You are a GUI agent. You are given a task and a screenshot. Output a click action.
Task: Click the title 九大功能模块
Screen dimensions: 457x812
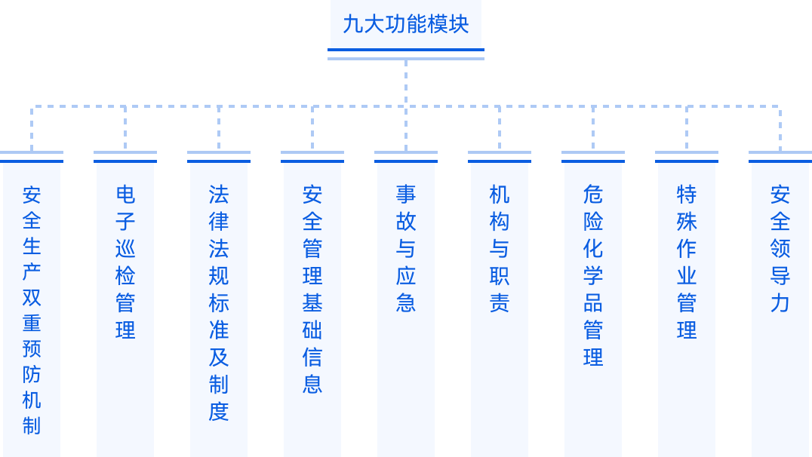click(x=405, y=24)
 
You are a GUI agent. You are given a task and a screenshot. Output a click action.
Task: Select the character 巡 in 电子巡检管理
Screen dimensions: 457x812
click(x=125, y=249)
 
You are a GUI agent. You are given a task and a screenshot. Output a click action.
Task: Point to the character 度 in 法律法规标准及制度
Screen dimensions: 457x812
click(x=219, y=412)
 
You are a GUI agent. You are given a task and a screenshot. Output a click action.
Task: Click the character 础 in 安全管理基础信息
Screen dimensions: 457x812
click(x=312, y=330)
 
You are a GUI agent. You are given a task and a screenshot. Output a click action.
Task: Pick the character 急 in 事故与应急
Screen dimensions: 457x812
click(x=406, y=303)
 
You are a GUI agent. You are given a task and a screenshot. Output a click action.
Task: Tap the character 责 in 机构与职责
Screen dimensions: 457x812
click(x=500, y=303)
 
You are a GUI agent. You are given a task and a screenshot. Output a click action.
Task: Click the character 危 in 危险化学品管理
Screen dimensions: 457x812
click(x=593, y=195)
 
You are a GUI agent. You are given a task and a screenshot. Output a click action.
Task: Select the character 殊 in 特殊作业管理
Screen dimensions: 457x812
click(x=687, y=222)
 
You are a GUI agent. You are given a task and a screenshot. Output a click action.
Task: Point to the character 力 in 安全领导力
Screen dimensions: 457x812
click(x=780, y=303)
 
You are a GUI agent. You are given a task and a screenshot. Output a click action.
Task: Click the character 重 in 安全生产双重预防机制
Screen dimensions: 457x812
click(x=32, y=323)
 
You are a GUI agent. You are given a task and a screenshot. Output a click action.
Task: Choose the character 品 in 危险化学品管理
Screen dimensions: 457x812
click(x=593, y=303)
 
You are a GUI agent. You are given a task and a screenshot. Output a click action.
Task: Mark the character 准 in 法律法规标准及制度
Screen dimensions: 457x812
click(x=219, y=330)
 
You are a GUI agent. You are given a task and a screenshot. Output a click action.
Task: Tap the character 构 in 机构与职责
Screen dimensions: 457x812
click(x=500, y=222)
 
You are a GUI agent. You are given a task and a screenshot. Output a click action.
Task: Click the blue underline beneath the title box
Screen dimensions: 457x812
click(x=405, y=54)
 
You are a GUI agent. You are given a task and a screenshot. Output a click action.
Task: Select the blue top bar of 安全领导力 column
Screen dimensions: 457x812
click(x=780, y=157)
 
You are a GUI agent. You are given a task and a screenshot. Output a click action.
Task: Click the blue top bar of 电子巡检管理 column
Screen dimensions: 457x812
click(x=125, y=157)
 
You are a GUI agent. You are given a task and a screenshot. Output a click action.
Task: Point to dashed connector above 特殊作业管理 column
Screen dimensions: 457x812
click(x=687, y=128)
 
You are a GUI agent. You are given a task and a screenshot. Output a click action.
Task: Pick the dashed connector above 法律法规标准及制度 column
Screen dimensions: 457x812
click(x=219, y=128)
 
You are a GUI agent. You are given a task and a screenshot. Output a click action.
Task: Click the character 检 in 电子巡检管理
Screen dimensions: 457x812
click(x=125, y=276)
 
